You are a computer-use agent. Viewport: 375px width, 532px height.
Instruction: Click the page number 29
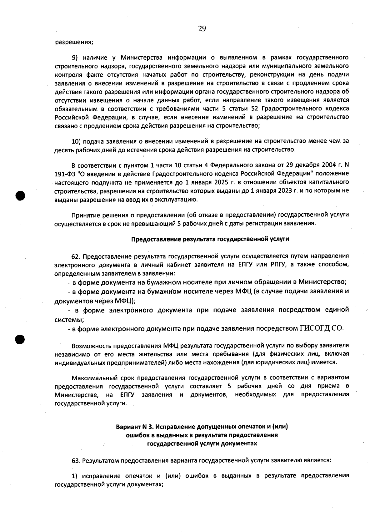202,29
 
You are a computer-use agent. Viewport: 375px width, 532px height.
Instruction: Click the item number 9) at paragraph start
76,58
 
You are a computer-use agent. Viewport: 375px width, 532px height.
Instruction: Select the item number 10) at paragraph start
77,141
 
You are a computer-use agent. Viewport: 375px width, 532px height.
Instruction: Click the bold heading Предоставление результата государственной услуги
210,239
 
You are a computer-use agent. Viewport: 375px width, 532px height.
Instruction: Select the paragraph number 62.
76,256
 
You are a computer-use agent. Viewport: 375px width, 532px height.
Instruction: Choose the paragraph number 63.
76,460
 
